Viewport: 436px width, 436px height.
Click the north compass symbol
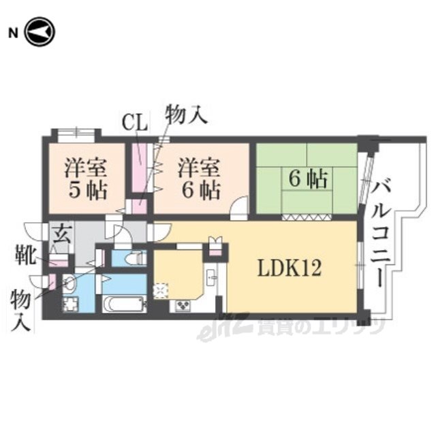(40, 32)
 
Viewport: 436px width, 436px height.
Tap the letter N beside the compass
(13, 33)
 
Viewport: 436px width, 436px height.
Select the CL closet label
(135, 123)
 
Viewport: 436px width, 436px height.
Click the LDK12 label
(290, 268)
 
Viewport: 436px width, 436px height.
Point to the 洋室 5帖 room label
(86, 178)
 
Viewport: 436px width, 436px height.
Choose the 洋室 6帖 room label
(200, 178)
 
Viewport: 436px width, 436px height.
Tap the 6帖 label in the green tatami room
(308, 178)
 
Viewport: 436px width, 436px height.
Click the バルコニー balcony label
(381, 232)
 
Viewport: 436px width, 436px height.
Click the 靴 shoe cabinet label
(25, 254)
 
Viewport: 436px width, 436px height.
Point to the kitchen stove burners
(182, 306)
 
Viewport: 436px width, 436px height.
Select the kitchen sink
(212, 277)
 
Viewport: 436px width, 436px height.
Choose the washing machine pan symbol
(71, 304)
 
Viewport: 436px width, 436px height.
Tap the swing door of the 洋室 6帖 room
(239, 208)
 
